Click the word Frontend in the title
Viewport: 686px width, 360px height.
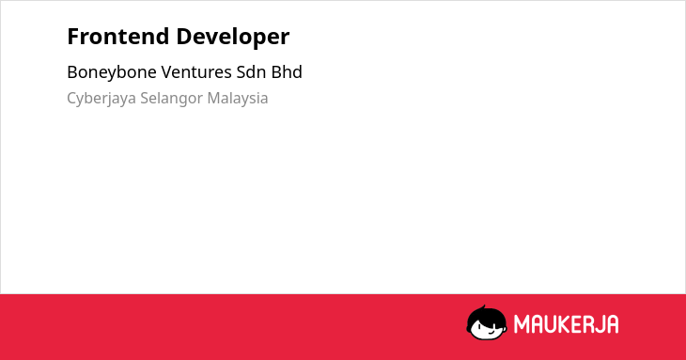[x=118, y=37]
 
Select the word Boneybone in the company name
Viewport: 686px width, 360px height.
[x=112, y=72]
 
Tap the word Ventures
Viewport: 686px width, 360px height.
[x=196, y=72]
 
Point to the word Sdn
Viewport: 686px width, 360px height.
[x=252, y=72]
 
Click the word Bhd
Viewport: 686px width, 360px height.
[x=287, y=72]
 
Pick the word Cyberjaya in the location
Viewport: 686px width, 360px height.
[x=101, y=99]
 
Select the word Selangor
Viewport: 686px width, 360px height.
[x=171, y=99]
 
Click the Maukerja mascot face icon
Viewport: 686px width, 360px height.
[x=487, y=322]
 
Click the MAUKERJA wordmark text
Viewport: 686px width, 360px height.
[x=566, y=324]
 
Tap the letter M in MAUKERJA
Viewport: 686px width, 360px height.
[x=521, y=324]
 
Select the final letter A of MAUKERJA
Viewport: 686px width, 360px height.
[x=613, y=324]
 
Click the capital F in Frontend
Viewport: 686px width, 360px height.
[x=73, y=37]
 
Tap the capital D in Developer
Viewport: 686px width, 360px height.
[x=184, y=37]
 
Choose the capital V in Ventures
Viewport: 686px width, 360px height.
[x=167, y=72]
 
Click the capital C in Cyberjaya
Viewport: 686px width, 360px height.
[x=72, y=98]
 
